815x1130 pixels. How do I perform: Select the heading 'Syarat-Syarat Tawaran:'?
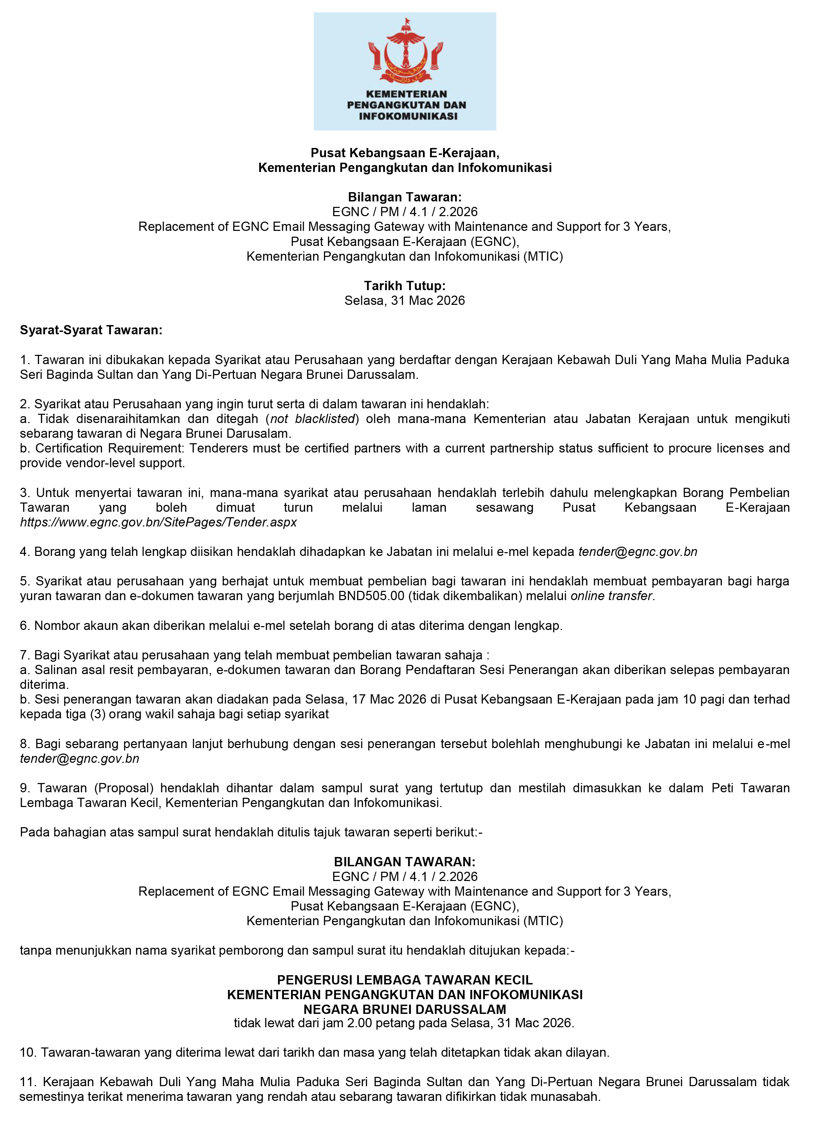click(x=91, y=330)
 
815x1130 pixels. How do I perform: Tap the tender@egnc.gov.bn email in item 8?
click(x=80, y=759)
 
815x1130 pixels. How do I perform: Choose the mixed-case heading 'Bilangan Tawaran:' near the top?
click(x=404, y=197)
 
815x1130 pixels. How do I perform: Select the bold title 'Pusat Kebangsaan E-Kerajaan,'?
click(x=404, y=153)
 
